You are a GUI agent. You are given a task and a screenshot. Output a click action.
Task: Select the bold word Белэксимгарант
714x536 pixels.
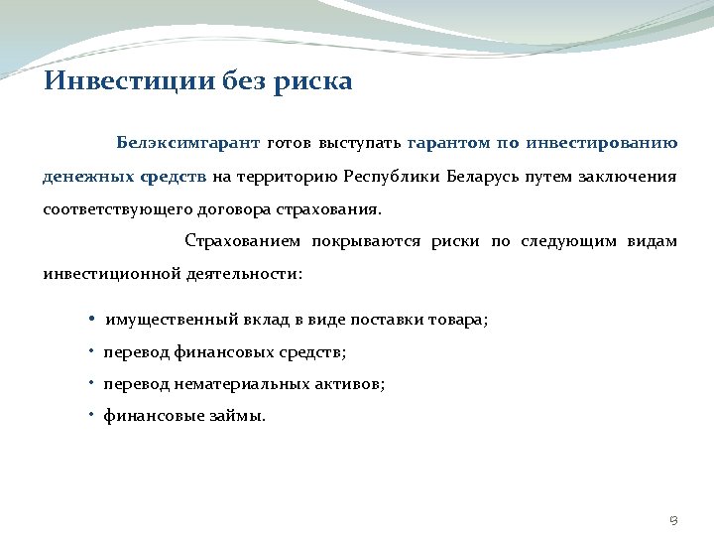point(187,143)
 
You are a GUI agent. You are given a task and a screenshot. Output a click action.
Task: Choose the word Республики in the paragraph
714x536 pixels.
point(391,177)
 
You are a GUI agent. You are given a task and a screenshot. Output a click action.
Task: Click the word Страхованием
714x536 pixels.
point(242,241)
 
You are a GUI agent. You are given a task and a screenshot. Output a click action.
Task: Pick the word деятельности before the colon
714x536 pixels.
point(241,273)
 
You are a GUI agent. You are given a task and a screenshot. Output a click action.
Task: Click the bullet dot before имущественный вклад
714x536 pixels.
point(90,320)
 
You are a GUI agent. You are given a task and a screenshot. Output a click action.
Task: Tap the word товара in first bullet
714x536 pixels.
point(458,320)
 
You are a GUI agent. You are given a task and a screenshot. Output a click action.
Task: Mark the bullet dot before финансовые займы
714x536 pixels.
point(90,416)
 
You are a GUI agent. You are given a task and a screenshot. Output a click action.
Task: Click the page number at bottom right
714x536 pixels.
point(673,519)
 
